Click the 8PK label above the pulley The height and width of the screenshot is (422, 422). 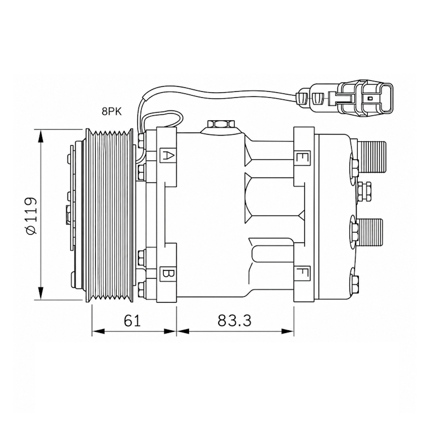coord(112,112)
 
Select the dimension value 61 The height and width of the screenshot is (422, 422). coord(132,321)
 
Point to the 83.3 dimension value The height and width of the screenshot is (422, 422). coord(235,321)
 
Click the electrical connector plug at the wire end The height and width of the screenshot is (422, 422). coord(345,98)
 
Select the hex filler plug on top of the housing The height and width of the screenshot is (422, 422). coord(221,124)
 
